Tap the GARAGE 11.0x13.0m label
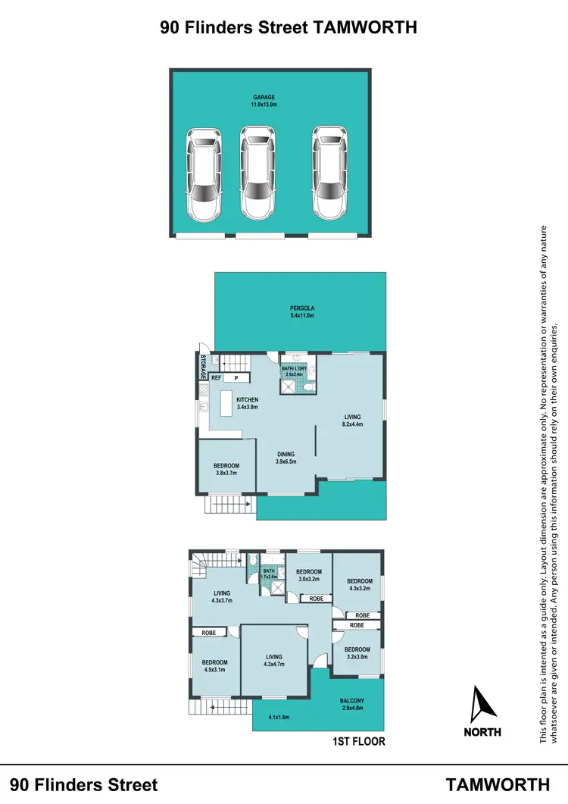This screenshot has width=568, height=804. click(264, 101)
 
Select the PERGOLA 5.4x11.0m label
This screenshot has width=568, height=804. click(301, 311)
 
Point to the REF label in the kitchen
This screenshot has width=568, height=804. click(216, 377)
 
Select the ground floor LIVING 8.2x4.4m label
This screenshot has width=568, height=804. click(352, 421)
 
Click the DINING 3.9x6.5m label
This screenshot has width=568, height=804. click(286, 458)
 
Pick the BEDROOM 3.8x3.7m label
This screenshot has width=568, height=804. click(226, 468)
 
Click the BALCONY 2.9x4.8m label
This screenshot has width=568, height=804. click(352, 704)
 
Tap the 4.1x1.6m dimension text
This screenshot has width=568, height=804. click(279, 716)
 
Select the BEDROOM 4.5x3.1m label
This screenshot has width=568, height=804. click(215, 665)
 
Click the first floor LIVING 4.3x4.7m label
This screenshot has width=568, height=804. click(273, 661)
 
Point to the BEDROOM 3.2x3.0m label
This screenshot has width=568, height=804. click(357, 653)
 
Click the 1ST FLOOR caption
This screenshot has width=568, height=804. click(358, 742)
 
